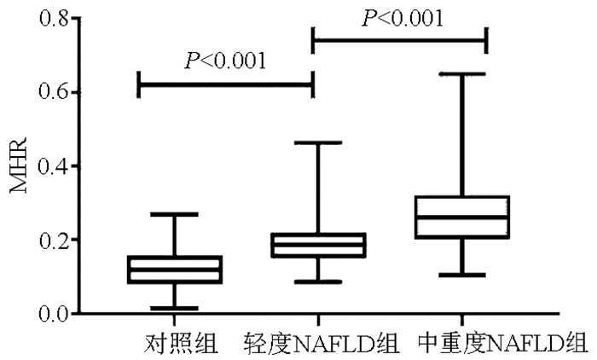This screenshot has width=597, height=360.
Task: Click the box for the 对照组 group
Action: (x=174, y=270)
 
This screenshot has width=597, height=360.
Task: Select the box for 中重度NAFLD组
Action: (x=461, y=218)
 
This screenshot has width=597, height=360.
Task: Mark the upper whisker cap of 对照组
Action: (x=174, y=214)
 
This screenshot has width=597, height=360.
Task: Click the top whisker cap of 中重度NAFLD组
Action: (x=461, y=74)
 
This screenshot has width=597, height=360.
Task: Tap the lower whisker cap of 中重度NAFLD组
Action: (x=461, y=275)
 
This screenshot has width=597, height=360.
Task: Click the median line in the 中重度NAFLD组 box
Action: (x=461, y=217)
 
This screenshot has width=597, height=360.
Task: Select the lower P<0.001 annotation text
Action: (x=225, y=61)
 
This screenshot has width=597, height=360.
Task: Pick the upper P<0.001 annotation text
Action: (x=403, y=18)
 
